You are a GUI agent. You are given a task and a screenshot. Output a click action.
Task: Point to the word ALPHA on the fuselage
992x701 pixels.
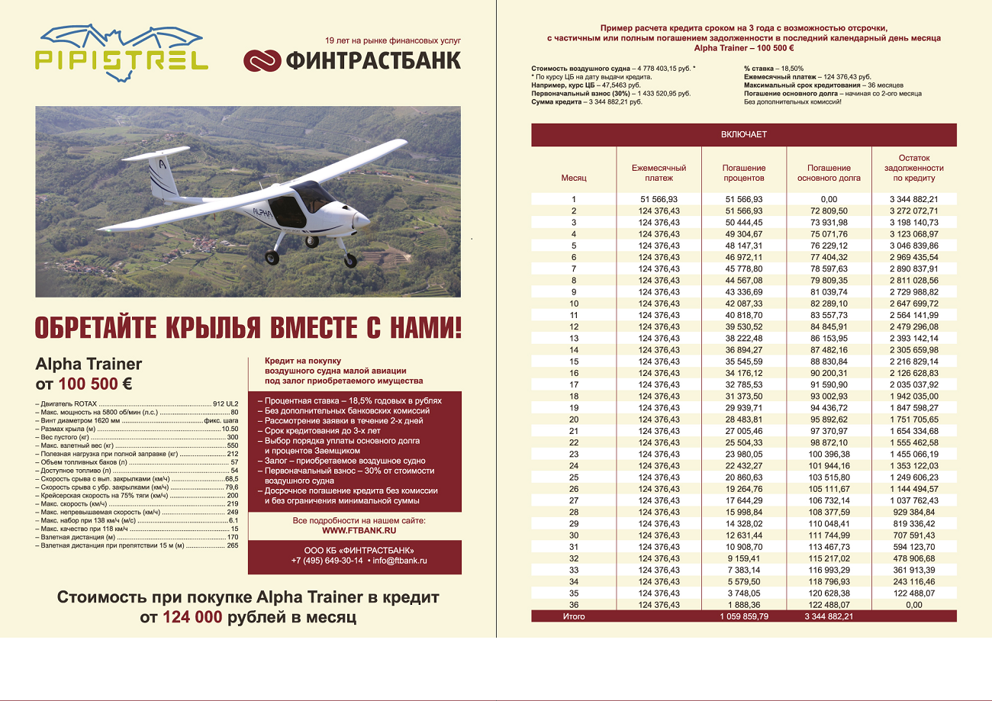click(x=262, y=213)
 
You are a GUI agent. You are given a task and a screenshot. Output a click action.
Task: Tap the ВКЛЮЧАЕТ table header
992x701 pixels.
click(x=743, y=134)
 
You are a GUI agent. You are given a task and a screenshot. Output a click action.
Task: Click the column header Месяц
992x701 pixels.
click(x=574, y=178)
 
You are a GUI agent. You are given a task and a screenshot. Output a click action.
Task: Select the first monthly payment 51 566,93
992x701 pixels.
click(x=659, y=199)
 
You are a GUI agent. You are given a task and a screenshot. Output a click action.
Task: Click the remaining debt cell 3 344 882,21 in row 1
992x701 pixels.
click(x=913, y=199)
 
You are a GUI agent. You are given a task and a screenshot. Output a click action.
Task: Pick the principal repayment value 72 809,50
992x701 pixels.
click(x=829, y=211)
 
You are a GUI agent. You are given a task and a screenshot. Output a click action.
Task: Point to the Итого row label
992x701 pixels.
click(x=574, y=616)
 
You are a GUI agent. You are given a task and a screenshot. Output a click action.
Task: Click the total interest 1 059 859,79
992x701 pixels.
click(x=743, y=616)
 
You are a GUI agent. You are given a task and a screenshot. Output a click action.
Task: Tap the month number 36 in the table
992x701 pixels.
click(x=574, y=605)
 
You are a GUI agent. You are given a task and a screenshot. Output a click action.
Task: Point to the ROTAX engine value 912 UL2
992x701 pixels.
click(x=226, y=402)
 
